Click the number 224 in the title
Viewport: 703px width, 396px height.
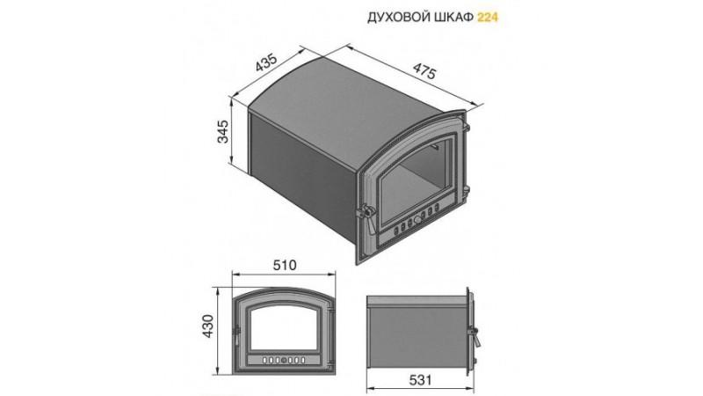point(488,18)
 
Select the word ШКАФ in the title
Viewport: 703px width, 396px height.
point(454,18)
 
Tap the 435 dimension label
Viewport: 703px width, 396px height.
point(267,62)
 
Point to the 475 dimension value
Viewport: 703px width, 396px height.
point(424,71)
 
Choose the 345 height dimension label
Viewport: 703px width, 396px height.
point(223,131)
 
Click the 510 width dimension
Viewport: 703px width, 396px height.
point(285,265)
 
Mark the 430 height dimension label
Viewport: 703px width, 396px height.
point(208,326)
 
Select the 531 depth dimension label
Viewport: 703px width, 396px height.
point(421,380)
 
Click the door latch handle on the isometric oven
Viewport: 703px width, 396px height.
point(367,216)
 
